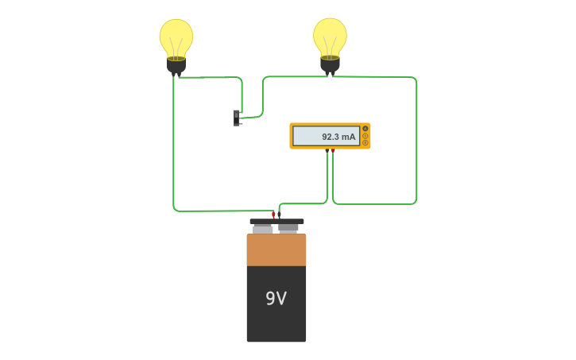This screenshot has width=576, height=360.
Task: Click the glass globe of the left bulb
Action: (x=176, y=35)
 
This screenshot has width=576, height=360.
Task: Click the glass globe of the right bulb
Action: (x=330, y=33)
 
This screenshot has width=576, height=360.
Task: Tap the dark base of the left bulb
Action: (x=176, y=65)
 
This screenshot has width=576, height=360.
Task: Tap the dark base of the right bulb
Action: (x=330, y=64)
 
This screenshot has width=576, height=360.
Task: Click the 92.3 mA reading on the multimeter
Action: (x=338, y=137)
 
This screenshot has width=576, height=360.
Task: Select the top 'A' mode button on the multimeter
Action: (x=365, y=129)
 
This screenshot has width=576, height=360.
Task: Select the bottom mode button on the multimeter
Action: (x=365, y=143)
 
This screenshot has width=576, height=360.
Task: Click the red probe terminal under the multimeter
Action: (x=333, y=150)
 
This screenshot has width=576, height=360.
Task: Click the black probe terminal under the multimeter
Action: (x=327, y=150)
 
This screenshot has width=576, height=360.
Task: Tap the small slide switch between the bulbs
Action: (x=237, y=118)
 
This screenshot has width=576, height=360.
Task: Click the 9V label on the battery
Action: (x=276, y=299)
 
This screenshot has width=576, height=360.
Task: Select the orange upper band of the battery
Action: (x=276, y=250)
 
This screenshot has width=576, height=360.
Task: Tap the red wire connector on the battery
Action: (x=273, y=214)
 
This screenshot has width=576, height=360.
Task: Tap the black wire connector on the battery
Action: (x=279, y=214)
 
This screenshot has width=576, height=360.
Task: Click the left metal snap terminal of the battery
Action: (x=262, y=228)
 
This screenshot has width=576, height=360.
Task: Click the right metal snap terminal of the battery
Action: (x=289, y=228)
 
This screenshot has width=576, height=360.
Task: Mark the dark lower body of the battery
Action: (x=276, y=322)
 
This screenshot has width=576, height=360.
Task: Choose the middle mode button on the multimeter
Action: (x=365, y=136)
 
